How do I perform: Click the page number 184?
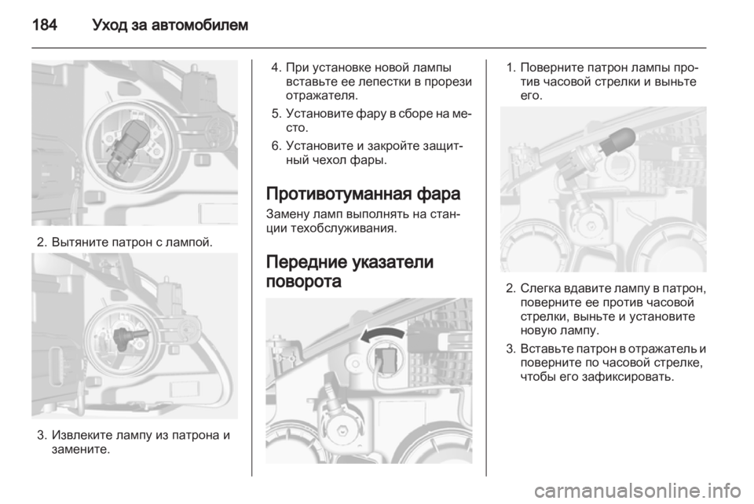(45, 24)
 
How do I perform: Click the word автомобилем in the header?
(199, 24)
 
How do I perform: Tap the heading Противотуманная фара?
(363, 194)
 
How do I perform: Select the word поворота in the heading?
(303, 281)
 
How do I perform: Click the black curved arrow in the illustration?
(382, 334)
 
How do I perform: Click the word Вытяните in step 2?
(80, 242)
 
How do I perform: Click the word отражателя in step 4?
(320, 96)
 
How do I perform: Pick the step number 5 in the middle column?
(275, 114)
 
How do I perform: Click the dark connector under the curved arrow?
(385, 358)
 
